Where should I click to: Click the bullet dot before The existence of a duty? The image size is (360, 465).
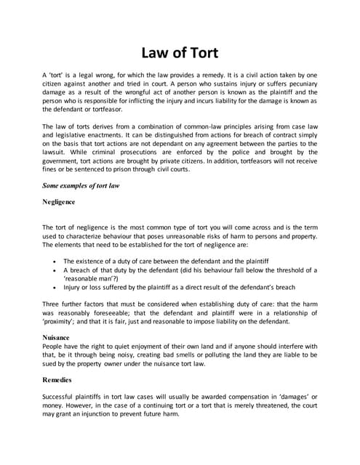pos(56,260)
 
